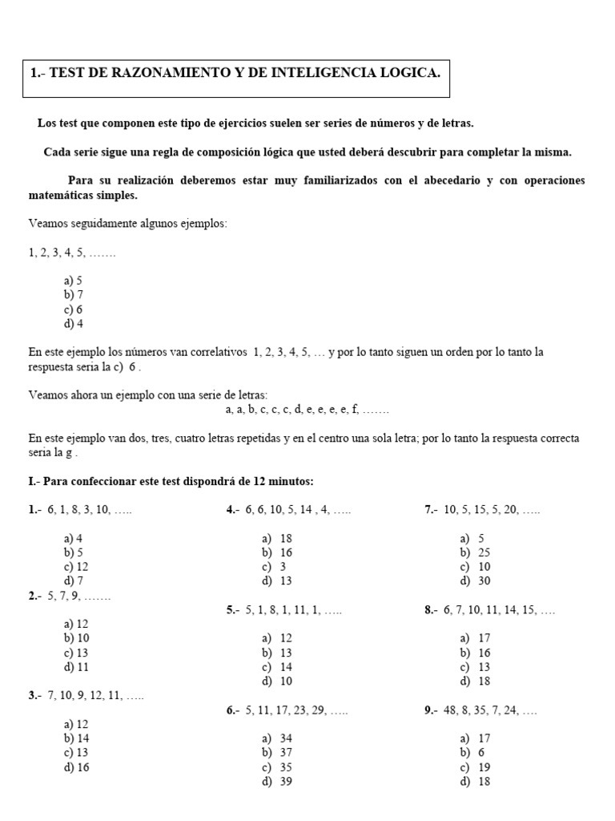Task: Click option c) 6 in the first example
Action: click(x=73, y=309)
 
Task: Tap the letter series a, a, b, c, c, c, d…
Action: click(x=307, y=409)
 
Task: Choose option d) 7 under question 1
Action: click(x=73, y=580)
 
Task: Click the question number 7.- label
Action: click(x=431, y=510)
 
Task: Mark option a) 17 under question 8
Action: click(x=474, y=638)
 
